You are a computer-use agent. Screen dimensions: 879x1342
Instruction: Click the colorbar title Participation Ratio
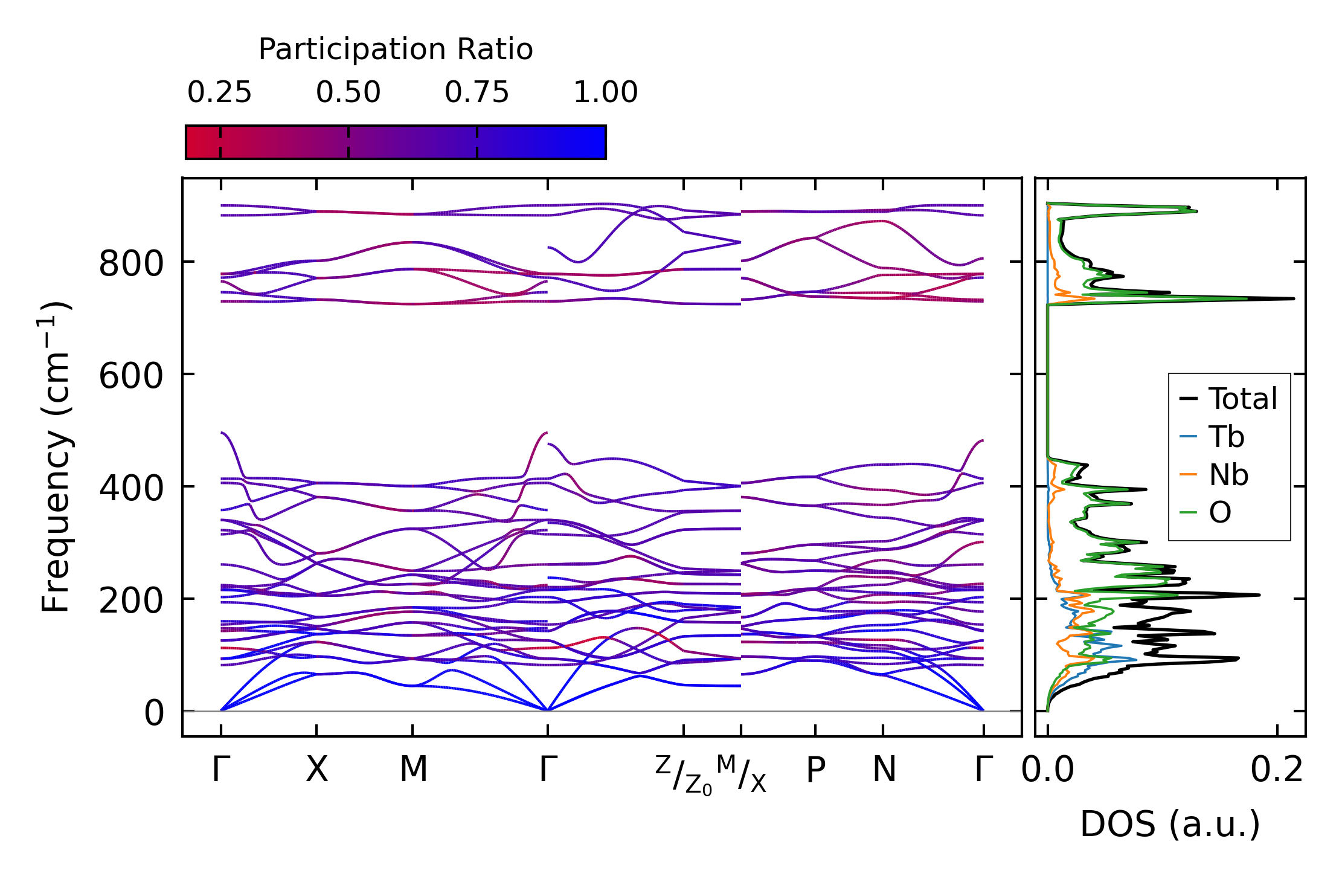[x=396, y=50]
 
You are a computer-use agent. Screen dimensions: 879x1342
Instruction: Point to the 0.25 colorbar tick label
[x=219, y=93]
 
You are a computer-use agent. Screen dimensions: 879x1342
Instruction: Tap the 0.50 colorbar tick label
[x=348, y=93]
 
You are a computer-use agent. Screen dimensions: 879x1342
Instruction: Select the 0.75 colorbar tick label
[x=477, y=93]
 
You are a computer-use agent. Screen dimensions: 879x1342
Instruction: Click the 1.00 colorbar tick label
[x=605, y=93]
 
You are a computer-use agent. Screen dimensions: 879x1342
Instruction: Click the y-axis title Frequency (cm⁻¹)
[x=56, y=457]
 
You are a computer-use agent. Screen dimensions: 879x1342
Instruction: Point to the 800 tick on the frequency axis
[x=131, y=264]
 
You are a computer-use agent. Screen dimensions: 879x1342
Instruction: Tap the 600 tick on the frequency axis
[x=131, y=376]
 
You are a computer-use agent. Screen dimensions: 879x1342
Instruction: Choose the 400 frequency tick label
[x=131, y=489]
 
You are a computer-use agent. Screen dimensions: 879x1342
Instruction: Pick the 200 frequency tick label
[x=131, y=601]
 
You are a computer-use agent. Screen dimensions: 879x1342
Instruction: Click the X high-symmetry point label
[x=316, y=770]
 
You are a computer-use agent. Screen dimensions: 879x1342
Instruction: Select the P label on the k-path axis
[x=815, y=770]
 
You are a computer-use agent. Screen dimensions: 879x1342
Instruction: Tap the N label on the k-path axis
[x=884, y=770]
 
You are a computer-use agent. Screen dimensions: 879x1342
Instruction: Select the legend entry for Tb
[x=1226, y=437]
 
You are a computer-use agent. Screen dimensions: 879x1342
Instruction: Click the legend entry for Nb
[x=1228, y=475]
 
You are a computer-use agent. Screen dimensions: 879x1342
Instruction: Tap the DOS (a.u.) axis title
[x=1170, y=825]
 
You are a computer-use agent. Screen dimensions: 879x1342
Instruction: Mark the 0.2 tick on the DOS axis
[x=1276, y=770]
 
